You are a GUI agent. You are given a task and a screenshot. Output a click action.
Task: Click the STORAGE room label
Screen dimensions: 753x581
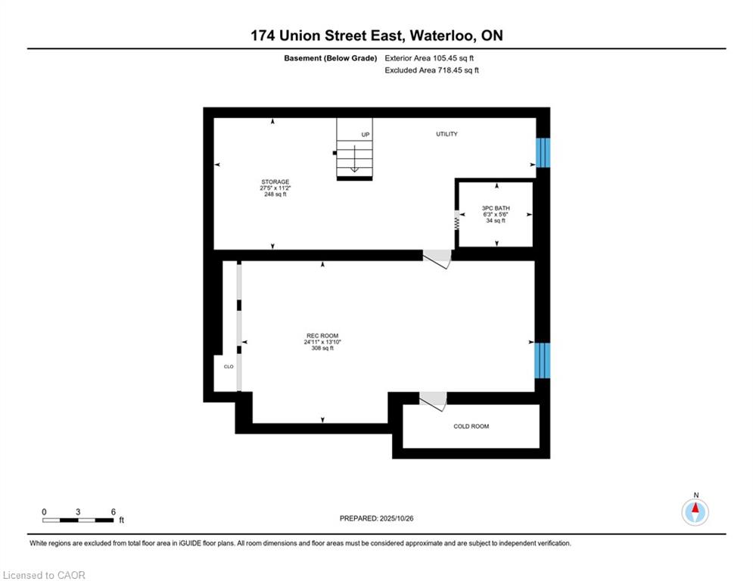(275, 182)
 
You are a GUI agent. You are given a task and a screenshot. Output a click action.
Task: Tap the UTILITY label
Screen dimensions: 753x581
(447, 134)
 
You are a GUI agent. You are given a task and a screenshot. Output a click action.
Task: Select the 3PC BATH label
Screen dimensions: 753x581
(496, 208)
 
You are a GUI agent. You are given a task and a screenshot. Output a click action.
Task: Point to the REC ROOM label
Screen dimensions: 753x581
(322, 336)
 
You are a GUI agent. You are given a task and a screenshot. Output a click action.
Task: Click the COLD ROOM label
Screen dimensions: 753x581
(471, 427)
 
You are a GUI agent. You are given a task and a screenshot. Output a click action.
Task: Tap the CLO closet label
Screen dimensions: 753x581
(229, 367)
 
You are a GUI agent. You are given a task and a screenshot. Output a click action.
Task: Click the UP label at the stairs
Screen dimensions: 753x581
(366, 135)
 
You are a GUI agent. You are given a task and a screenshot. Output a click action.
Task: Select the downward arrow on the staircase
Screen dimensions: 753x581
(354, 158)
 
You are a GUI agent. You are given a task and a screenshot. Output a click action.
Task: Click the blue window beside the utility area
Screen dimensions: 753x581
(543, 153)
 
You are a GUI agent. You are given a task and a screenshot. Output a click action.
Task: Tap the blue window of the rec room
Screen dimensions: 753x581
(543, 361)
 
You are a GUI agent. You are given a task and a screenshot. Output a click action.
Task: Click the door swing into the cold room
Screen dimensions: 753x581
(434, 402)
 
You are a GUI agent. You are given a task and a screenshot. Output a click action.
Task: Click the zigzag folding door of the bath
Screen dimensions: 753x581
(456, 221)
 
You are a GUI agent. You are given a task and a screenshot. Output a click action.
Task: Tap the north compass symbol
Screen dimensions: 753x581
(695, 512)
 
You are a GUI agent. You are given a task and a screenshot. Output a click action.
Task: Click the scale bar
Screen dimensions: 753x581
(78, 520)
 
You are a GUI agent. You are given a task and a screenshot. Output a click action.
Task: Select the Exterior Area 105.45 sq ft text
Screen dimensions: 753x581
(429, 58)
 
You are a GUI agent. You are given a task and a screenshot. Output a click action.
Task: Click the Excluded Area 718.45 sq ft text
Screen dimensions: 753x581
(431, 70)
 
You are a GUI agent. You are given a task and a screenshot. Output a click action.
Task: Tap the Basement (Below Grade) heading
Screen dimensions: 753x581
(331, 58)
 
